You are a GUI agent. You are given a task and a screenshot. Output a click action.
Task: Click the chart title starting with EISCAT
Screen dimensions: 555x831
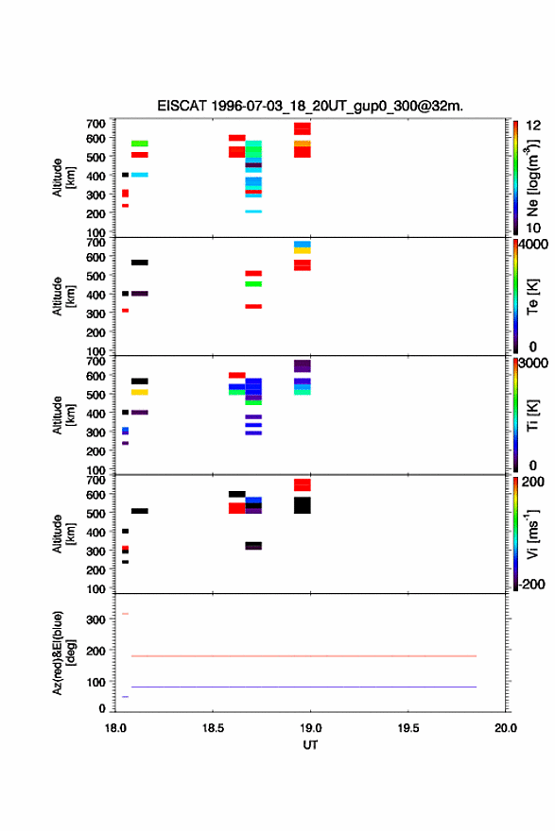[310, 106]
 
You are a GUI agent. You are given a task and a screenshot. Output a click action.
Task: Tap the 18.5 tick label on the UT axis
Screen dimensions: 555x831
[213, 728]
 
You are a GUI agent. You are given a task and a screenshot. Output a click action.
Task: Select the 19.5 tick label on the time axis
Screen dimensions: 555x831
[408, 728]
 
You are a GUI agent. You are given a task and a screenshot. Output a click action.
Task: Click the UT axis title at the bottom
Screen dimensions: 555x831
[310, 745]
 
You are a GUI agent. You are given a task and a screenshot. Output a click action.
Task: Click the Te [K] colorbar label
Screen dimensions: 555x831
[532, 297]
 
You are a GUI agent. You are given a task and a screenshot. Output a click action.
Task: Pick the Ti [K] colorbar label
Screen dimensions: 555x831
[532, 415]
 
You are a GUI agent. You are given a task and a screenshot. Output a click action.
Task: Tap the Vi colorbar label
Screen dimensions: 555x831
[532, 534]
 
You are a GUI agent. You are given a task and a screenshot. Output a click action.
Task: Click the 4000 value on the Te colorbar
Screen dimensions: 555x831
[533, 245]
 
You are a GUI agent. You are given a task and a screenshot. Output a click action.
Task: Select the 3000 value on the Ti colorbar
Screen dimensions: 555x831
[533, 363]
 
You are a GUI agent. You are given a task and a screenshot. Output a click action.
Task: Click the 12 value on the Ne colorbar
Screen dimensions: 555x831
[533, 126]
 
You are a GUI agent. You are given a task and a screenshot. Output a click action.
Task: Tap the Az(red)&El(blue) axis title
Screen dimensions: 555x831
[63, 653]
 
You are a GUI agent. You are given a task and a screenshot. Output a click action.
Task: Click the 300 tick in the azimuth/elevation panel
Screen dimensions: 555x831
[96, 619]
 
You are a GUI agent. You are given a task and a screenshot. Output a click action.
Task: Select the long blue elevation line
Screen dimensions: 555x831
[304, 687]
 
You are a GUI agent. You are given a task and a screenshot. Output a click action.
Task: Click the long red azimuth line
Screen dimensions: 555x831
[304, 656]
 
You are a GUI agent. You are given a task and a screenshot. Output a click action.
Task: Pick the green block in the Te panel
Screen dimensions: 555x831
[253, 284]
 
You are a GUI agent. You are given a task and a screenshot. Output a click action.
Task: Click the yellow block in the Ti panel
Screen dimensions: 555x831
[140, 392]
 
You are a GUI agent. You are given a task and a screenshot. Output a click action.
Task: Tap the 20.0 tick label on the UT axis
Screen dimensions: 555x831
[506, 728]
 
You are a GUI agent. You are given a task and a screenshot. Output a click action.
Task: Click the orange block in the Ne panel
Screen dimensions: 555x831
[303, 144]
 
